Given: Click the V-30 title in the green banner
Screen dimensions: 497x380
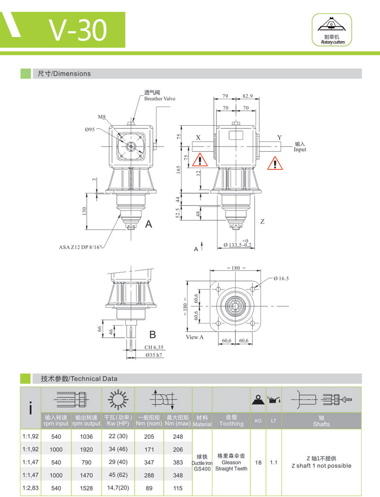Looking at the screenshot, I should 78,29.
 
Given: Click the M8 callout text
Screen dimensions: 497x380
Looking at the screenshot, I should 102,117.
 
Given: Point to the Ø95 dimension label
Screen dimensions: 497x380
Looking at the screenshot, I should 90,129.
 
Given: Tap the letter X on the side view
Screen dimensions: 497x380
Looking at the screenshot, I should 198,137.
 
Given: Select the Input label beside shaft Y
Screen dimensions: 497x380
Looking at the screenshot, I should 300,147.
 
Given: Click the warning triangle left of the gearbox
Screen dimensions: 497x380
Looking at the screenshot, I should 202,161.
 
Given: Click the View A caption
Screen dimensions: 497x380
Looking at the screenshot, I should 195,337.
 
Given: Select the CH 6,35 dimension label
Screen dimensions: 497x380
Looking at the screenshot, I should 154,347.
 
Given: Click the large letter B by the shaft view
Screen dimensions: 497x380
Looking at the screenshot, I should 152,334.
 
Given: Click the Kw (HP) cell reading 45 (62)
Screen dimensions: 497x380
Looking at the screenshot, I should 117,476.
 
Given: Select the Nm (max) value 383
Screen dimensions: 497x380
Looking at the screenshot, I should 177,463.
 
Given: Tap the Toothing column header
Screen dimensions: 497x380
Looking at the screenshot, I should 231,420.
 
